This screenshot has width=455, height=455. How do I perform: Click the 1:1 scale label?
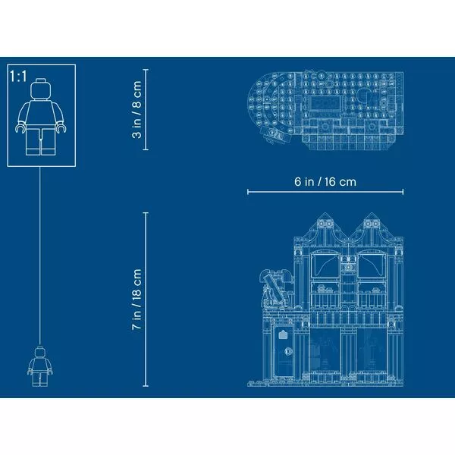coord(18,77)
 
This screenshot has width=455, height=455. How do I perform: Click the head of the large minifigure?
coord(41,89)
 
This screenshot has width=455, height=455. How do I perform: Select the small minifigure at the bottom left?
coord(40,367)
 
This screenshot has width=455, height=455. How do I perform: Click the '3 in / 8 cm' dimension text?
coord(136,109)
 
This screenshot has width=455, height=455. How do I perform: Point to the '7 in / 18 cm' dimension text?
coord(136,300)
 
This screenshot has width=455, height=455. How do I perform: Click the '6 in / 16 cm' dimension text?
coord(325,182)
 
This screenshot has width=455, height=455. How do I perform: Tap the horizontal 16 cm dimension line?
coord(325,192)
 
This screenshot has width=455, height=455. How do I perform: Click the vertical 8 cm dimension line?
coord(146,109)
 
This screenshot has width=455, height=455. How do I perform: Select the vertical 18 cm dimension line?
coord(146,300)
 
